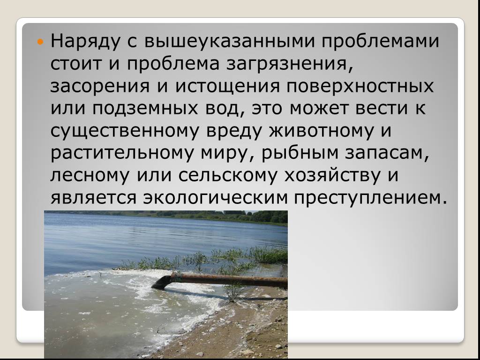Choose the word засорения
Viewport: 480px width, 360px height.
pyautogui.click(x=100, y=87)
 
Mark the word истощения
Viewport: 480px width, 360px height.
pyautogui.click(x=228, y=87)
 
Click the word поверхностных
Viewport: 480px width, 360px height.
pyautogui.click(x=360, y=87)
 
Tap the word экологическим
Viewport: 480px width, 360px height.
pyautogui.click(x=216, y=198)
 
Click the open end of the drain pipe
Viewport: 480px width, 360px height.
pyautogui.click(x=160, y=283)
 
